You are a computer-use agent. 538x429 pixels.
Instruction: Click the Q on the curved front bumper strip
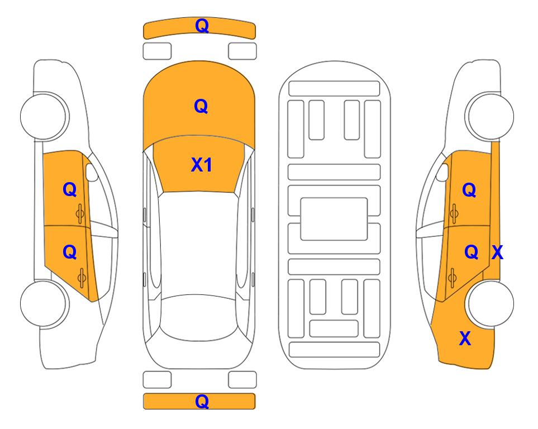point(202,26)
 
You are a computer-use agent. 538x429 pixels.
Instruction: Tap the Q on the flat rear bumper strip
point(202,401)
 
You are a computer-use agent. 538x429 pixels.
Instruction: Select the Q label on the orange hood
point(201,106)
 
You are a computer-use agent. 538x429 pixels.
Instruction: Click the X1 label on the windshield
point(202,165)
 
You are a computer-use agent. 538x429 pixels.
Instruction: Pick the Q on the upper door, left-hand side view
point(70,189)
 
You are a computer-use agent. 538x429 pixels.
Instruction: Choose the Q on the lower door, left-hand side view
point(70,252)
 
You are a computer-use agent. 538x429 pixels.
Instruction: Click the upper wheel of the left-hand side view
point(44,116)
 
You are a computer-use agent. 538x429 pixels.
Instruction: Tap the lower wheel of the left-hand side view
point(44,303)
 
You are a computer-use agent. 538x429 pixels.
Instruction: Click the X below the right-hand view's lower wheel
point(465,339)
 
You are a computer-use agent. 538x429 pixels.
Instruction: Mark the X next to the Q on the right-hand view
point(497,252)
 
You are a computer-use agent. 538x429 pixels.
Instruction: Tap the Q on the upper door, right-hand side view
point(469,190)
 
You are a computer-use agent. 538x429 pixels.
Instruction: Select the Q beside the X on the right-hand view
point(472,252)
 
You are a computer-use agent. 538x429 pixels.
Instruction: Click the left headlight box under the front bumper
point(157,51)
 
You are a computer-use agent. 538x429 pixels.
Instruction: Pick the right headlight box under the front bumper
point(242,51)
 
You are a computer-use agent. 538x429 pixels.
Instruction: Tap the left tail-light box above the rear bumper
point(157,380)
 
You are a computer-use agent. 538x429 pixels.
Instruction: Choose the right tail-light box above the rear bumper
point(242,380)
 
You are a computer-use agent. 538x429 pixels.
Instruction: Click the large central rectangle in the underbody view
point(334,219)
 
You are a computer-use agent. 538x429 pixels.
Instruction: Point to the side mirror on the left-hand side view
point(92,172)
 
